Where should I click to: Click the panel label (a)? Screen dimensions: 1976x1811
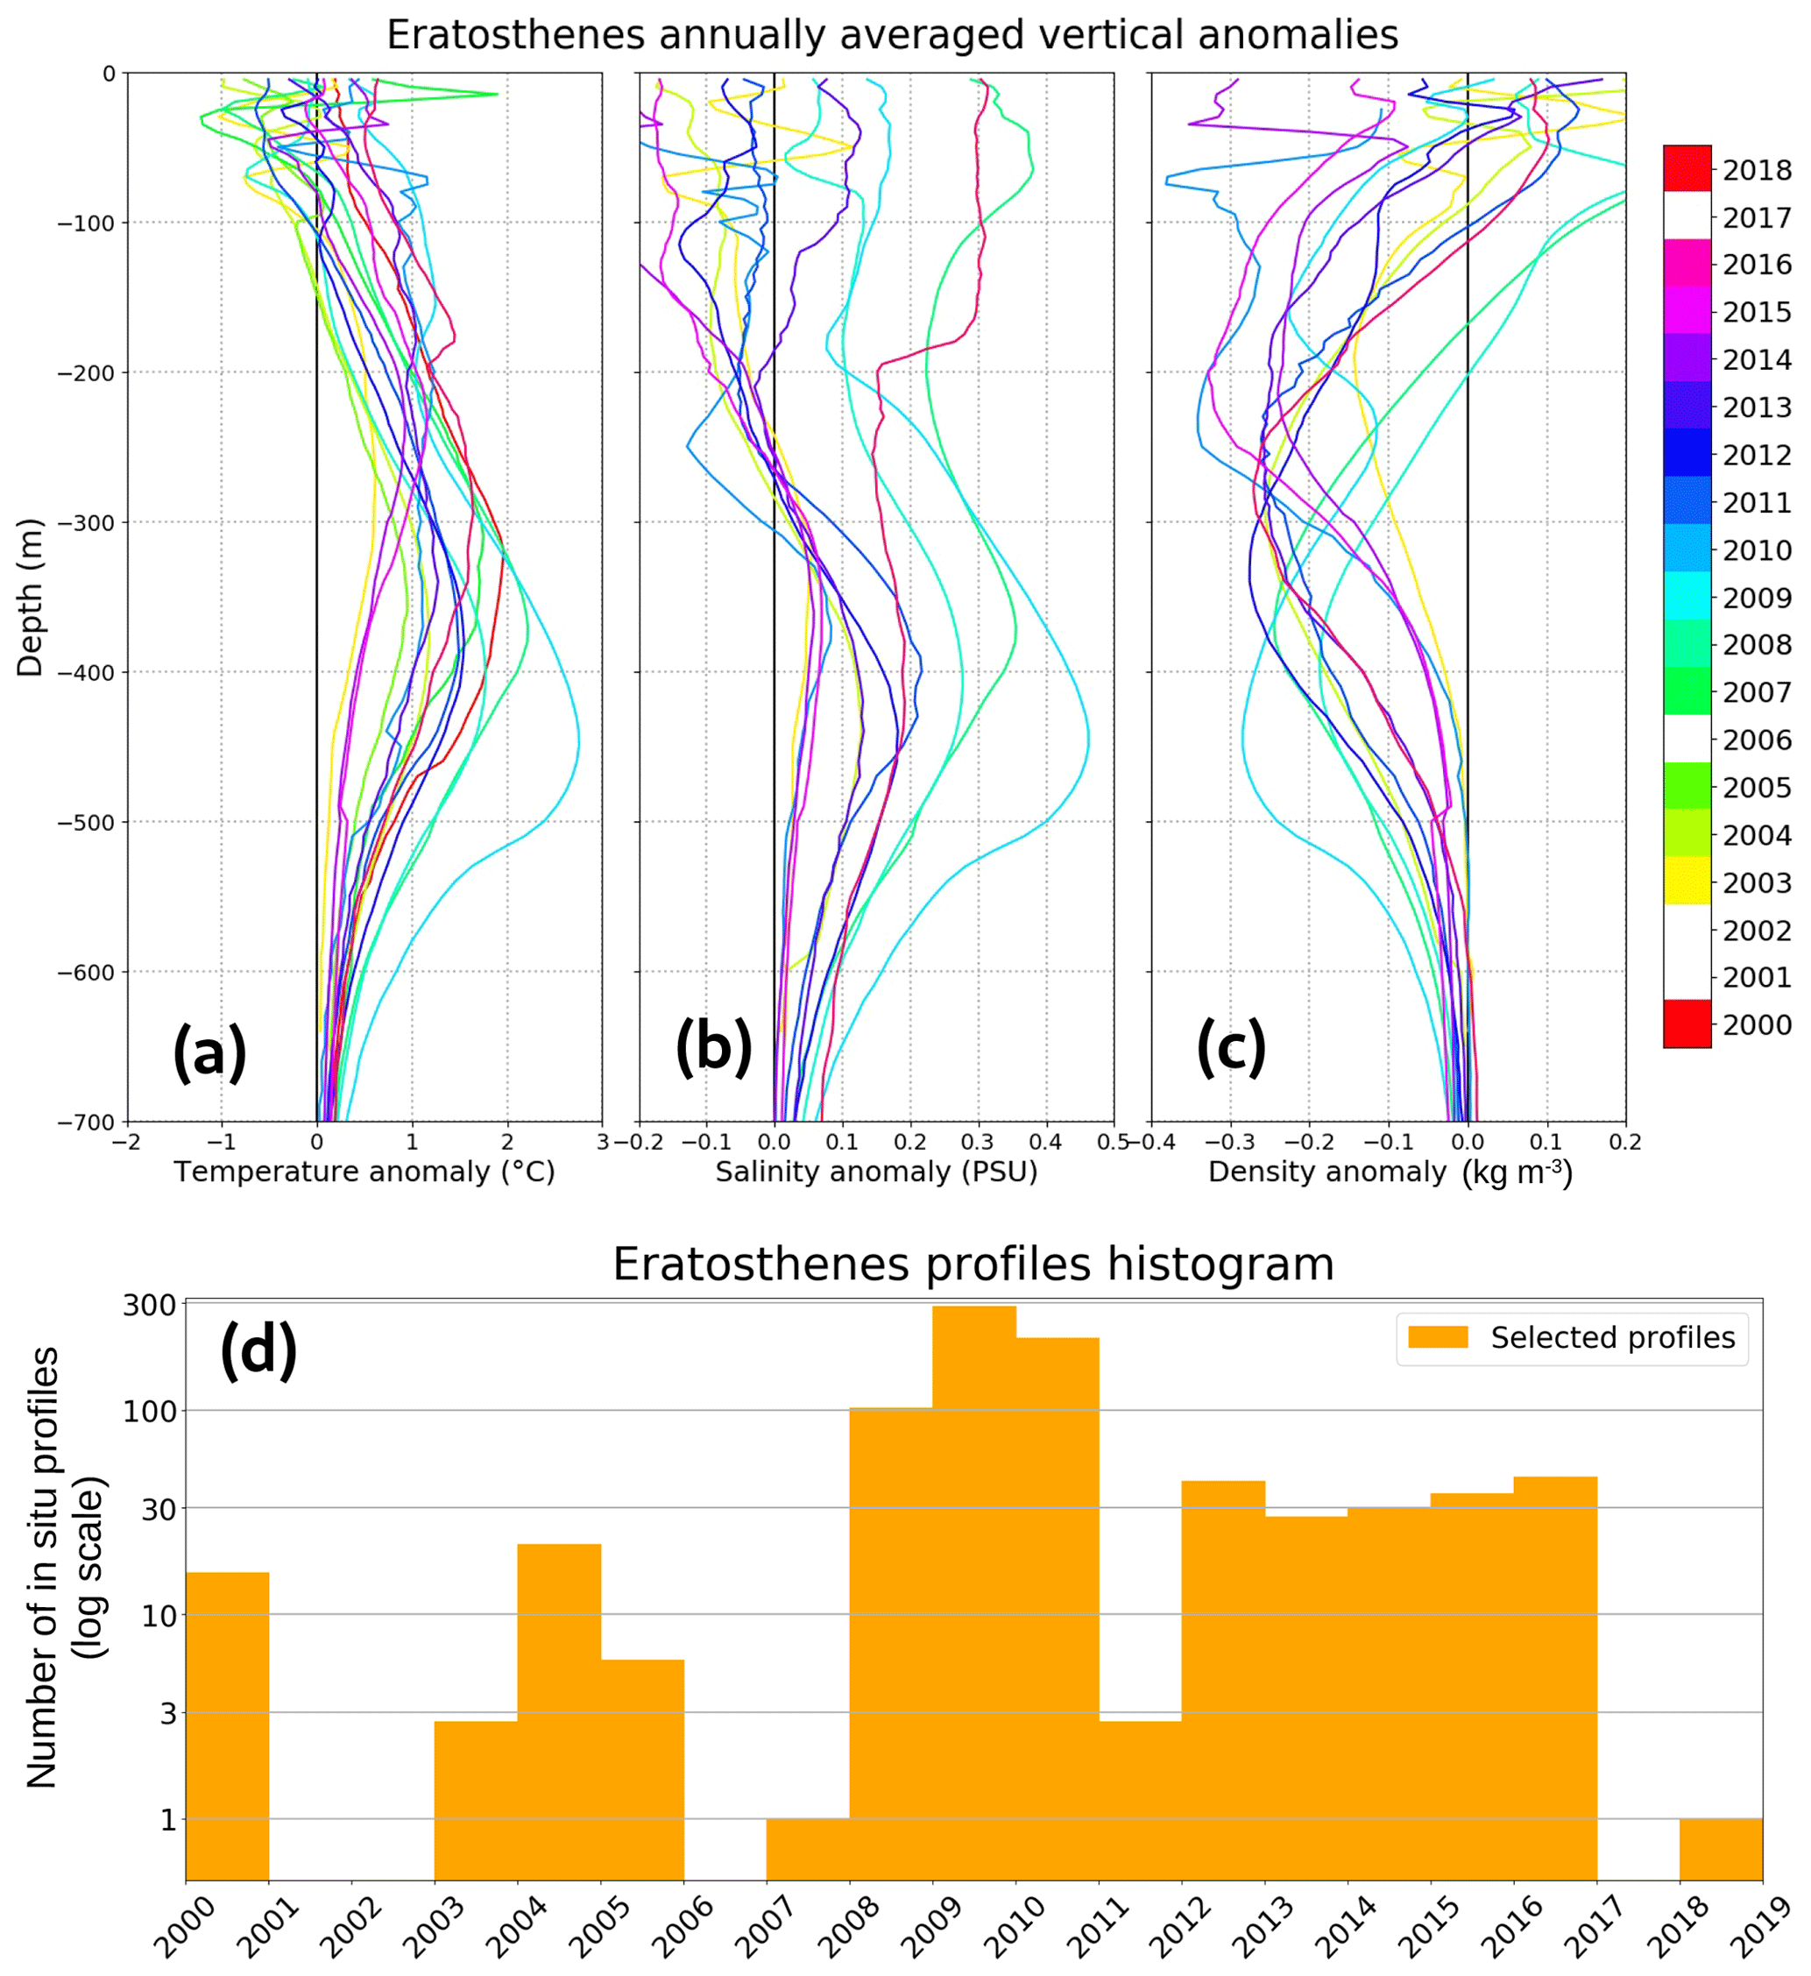(209, 1051)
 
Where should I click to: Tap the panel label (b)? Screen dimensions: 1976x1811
(713, 1045)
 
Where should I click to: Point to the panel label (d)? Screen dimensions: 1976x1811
(258, 1350)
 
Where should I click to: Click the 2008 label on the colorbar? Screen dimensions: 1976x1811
(1757, 645)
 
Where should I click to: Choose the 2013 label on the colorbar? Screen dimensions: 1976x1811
(1757, 407)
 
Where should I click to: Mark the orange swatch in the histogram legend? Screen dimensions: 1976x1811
(1438, 1338)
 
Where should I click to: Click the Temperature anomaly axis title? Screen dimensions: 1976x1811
(364, 1172)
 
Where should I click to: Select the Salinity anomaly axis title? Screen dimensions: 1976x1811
(876, 1172)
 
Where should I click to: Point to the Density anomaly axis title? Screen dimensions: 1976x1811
(1390, 1172)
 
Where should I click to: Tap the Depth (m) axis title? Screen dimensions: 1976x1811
(31, 597)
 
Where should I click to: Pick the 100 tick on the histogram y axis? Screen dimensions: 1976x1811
(149, 1413)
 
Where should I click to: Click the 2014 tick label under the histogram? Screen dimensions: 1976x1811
(1346, 1928)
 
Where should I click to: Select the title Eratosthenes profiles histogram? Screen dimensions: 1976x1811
(973, 1265)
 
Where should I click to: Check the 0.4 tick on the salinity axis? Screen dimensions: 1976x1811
(1045, 1143)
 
